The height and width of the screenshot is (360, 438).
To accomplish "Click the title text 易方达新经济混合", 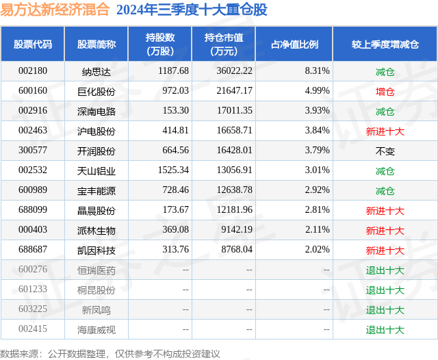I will click(x=55, y=10).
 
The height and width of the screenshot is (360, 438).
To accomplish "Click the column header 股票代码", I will click(x=32, y=44).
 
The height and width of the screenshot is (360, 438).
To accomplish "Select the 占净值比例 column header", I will click(x=294, y=44).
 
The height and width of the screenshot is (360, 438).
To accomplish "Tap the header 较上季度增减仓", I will click(x=385, y=44).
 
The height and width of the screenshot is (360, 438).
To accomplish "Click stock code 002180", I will click(x=33, y=71).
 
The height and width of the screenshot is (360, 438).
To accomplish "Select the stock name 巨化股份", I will click(x=96, y=91).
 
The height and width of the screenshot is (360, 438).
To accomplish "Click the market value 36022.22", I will click(x=233, y=71).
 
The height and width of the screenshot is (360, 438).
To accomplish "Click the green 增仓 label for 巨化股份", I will click(x=385, y=91).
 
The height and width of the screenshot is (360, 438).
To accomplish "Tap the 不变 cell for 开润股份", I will click(x=385, y=151).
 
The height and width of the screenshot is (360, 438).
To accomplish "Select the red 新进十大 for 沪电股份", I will click(x=385, y=131).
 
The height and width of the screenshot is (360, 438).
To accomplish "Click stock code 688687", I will click(x=33, y=250).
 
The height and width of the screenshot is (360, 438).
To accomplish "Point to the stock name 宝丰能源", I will click(x=96, y=190).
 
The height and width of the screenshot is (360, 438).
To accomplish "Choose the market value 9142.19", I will click(x=236, y=230).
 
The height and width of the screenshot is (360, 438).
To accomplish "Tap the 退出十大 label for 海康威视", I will click(x=385, y=330).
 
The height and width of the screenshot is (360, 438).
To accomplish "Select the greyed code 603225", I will click(x=33, y=310).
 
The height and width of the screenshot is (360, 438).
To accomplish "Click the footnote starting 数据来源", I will click(x=110, y=353).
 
